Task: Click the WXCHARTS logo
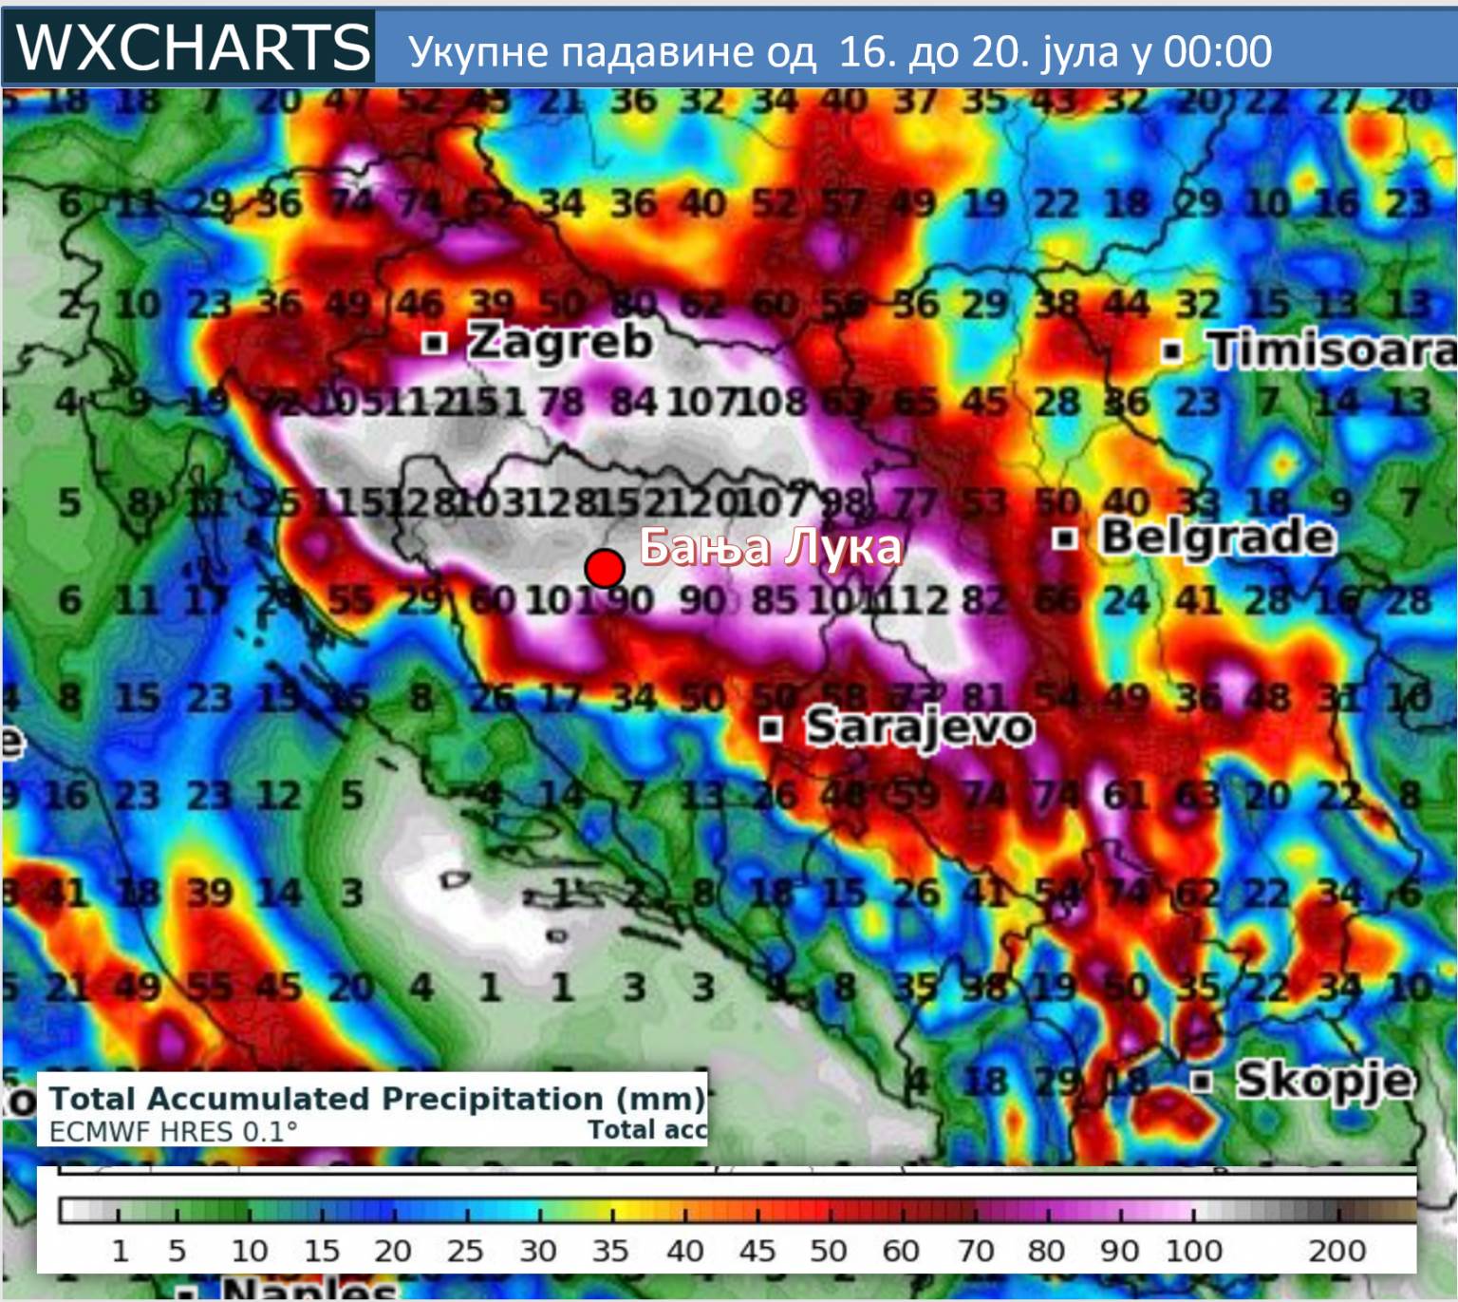click(x=193, y=47)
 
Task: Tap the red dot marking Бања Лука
click(x=604, y=568)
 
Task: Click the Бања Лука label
click(x=770, y=548)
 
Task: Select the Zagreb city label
click(x=560, y=342)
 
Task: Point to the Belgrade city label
click(x=1218, y=538)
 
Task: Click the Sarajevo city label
click(x=919, y=728)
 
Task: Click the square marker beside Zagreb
click(x=434, y=342)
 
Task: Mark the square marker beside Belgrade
click(x=1065, y=539)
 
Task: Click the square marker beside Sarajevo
click(x=772, y=729)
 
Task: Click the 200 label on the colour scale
click(x=1336, y=1251)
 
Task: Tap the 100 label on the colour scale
click(x=1193, y=1251)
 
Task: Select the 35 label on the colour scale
click(x=610, y=1251)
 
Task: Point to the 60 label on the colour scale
click(x=900, y=1251)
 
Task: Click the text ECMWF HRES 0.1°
click(x=173, y=1132)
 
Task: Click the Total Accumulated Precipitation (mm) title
click(x=377, y=1099)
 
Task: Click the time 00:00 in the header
click(x=1217, y=51)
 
